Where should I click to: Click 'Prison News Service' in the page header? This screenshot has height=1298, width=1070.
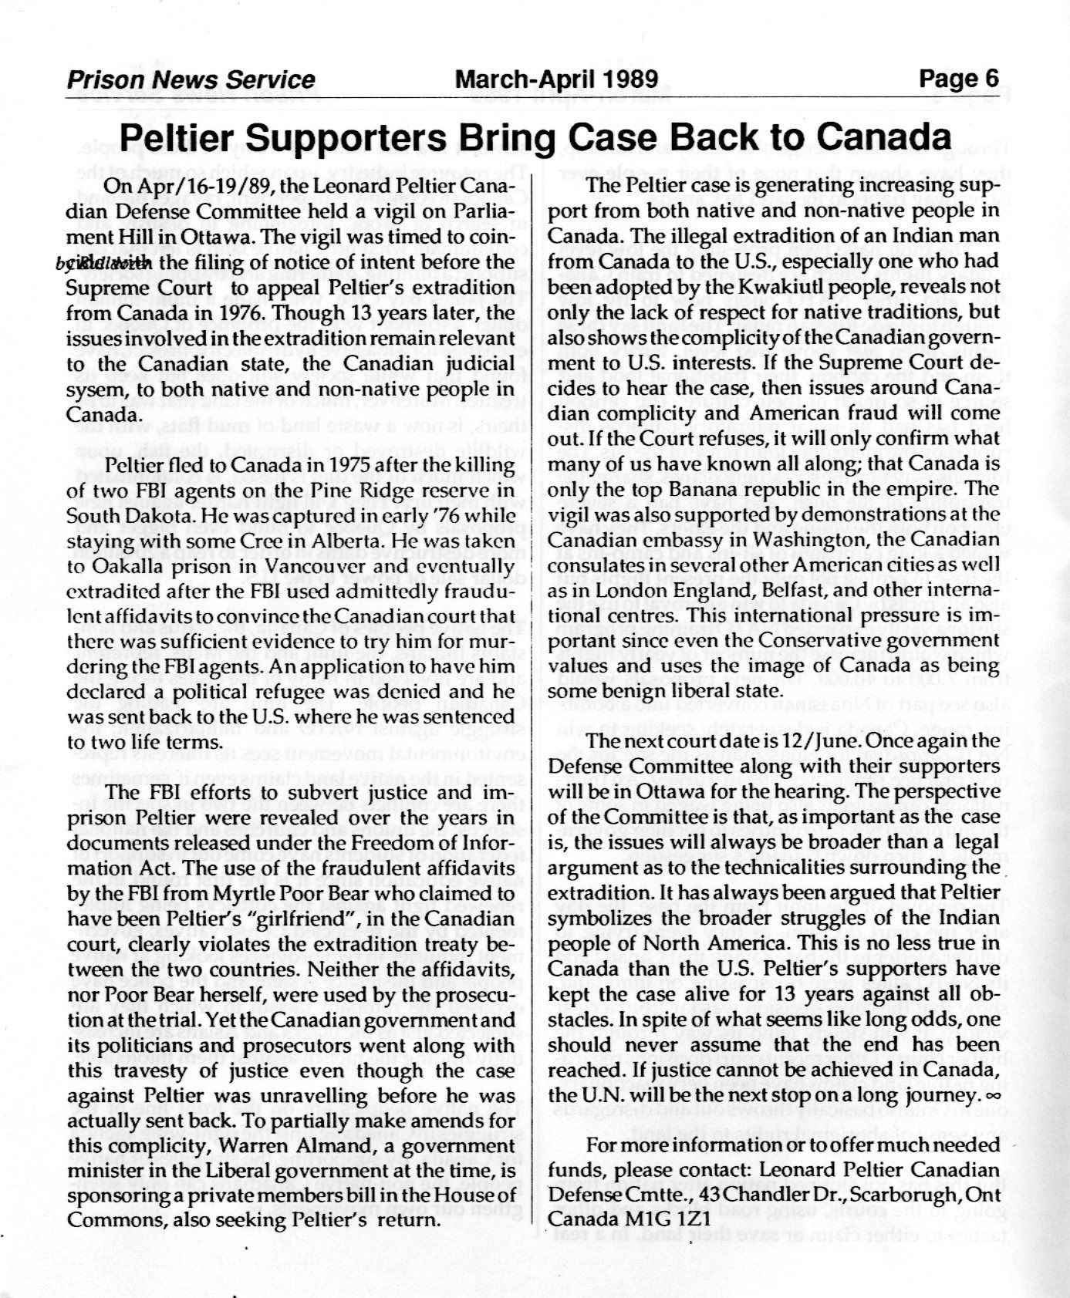pyautogui.click(x=191, y=79)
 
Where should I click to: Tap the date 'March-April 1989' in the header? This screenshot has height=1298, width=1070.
pyautogui.click(x=557, y=79)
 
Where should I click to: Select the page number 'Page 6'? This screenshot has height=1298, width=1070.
pyautogui.click(x=958, y=79)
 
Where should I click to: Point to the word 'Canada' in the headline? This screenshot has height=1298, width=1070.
pyautogui.click(x=883, y=138)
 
